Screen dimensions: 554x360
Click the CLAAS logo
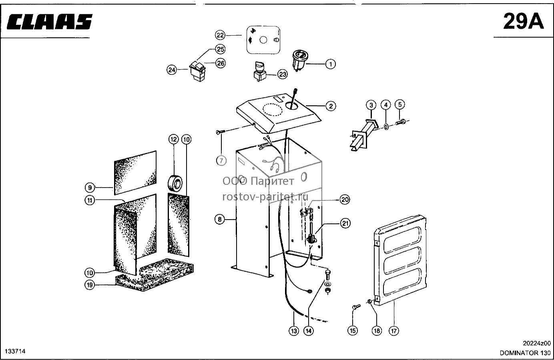tap(50, 22)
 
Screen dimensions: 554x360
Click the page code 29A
tap(523, 22)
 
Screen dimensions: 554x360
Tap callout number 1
tap(330, 64)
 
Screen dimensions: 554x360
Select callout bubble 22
tap(220, 35)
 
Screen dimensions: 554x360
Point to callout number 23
tap(283, 74)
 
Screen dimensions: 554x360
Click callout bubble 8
tap(220, 219)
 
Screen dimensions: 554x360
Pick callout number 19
tap(90, 285)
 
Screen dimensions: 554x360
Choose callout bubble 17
tap(394, 330)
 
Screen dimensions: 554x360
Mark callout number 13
tap(294, 331)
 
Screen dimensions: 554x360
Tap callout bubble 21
tap(345, 224)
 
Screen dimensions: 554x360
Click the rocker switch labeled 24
tap(198, 72)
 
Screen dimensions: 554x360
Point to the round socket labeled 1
tap(299, 60)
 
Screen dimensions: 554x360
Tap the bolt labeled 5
tap(400, 122)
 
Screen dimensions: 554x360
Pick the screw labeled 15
tap(356, 307)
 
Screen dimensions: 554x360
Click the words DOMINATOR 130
tap(525, 353)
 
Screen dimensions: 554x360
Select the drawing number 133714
tap(15, 351)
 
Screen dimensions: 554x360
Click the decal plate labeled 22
tap(263, 40)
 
